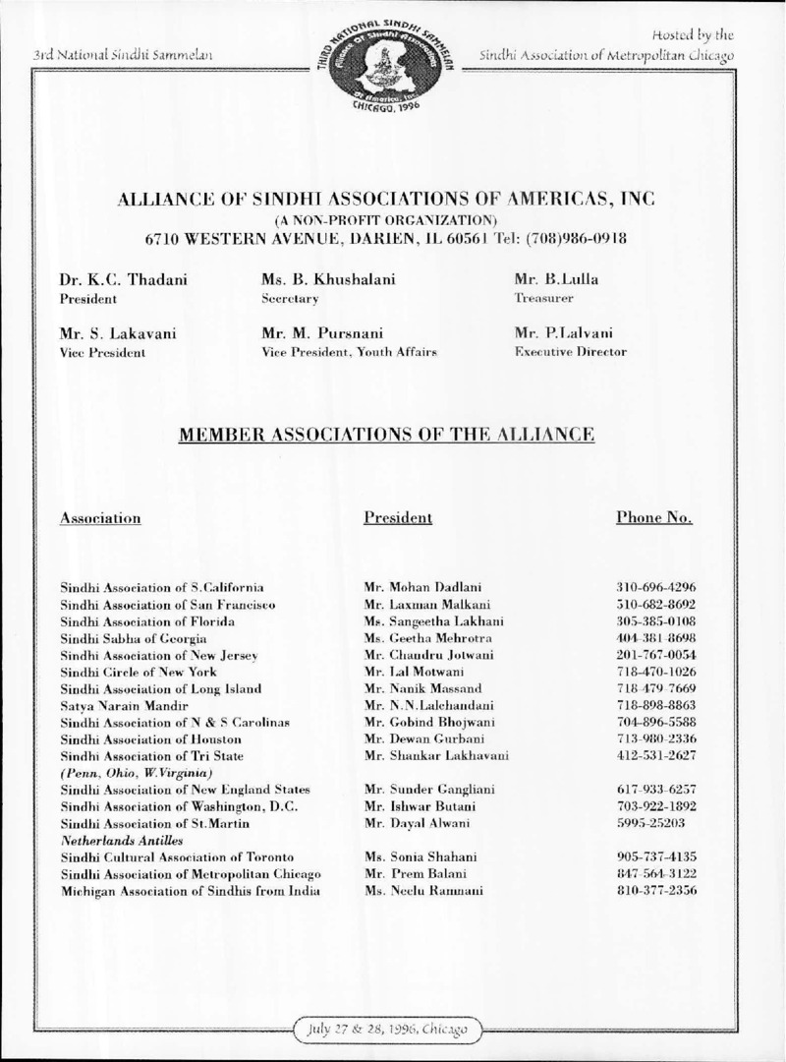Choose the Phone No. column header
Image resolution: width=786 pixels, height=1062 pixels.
[x=653, y=517]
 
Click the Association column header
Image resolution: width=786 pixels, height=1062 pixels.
[x=100, y=517]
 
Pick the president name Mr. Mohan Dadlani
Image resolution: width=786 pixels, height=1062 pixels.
[x=418, y=587]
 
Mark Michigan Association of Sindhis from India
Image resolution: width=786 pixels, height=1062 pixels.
[x=193, y=891]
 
